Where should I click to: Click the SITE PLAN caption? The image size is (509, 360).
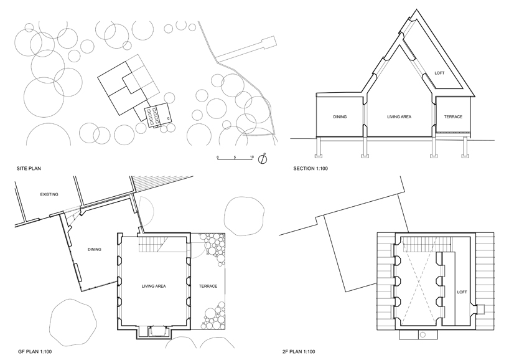click(x=29, y=169)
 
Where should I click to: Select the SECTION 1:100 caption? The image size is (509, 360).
click(x=311, y=169)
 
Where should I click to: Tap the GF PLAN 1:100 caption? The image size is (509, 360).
click(x=35, y=351)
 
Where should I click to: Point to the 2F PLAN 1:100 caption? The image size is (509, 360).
click(x=299, y=351)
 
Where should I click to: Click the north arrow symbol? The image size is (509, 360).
click(x=263, y=159)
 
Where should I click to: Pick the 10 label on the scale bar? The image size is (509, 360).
click(x=251, y=157)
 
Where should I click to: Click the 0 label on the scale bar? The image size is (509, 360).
click(x=218, y=157)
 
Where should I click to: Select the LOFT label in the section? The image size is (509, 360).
click(x=439, y=73)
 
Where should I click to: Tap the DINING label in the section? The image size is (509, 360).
click(x=340, y=116)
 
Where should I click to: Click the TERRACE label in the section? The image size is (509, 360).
click(x=453, y=116)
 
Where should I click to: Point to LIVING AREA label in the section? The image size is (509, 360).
click(x=399, y=116)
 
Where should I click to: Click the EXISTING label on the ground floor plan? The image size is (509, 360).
click(x=49, y=194)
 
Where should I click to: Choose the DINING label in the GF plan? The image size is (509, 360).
click(x=95, y=250)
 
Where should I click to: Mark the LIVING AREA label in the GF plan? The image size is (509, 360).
click(x=154, y=287)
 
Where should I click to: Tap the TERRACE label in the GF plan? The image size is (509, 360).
click(x=208, y=287)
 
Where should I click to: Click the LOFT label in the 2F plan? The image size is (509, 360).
click(x=462, y=292)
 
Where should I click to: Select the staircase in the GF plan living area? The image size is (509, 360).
click(x=152, y=244)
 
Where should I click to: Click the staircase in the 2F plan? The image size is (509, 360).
click(x=426, y=244)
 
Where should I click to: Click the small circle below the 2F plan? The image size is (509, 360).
click(x=423, y=334)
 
